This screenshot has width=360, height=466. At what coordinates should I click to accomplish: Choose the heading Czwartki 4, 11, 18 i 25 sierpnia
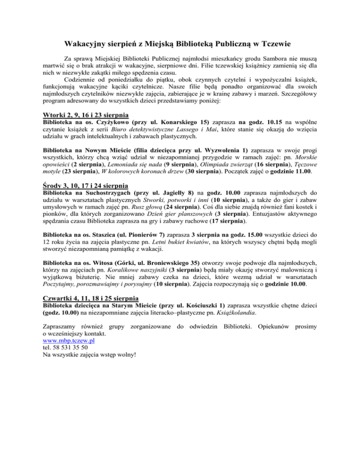(x=90, y=298)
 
